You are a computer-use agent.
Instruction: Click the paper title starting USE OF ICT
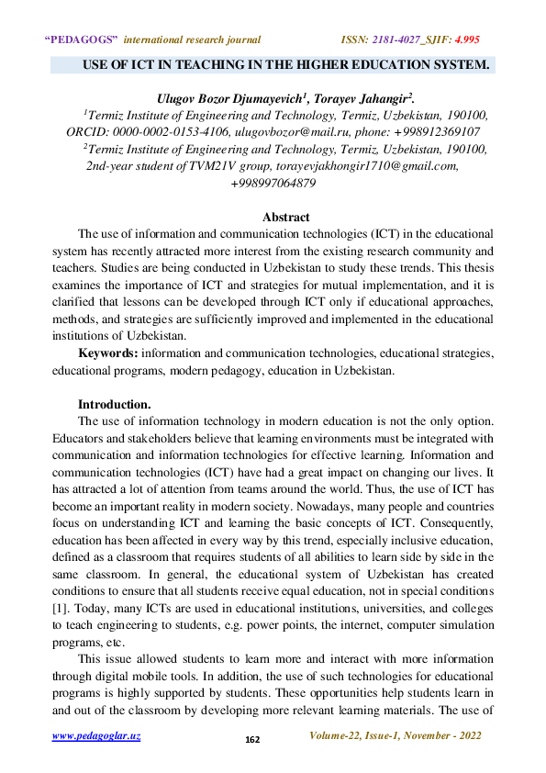click(x=285, y=66)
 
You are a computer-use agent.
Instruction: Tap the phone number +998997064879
click(x=273, y=183)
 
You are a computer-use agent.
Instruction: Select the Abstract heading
click(x=285, y=217)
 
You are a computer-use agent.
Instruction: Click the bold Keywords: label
click(x=107, y=353)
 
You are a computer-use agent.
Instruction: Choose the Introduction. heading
click(x=115, y=404)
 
